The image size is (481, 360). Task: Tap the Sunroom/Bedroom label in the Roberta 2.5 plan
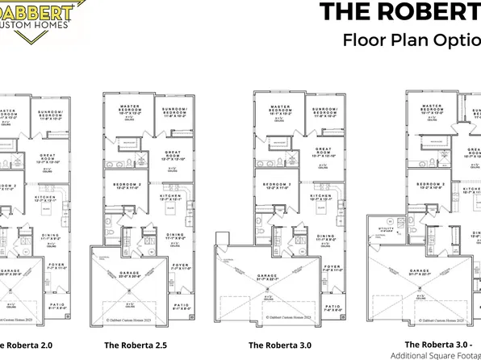click(175, 110)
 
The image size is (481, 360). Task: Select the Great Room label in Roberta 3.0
click(324, 152)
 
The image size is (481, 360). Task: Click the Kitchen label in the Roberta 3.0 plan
click(322, 197)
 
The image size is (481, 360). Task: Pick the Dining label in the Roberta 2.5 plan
click(174, 236)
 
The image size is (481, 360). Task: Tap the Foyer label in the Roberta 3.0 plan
click(332, 267)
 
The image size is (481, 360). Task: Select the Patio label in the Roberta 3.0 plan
click(332, 307)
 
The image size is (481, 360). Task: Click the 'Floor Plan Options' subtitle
click(411, 39)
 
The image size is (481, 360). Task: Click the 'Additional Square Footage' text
click(435, 355)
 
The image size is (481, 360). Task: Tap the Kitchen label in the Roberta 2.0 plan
click(45, 195)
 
